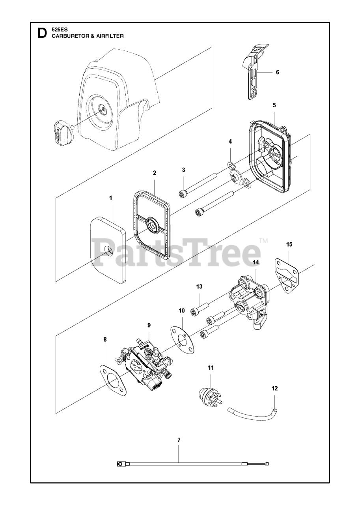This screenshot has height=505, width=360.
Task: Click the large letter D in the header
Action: click(41, 33)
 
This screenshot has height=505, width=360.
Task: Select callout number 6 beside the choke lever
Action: click(277, 72)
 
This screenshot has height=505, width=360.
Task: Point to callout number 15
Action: click(289, 245)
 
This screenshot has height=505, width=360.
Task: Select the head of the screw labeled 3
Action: click(183, 194)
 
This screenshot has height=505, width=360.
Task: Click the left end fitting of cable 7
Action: click(120, 464)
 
